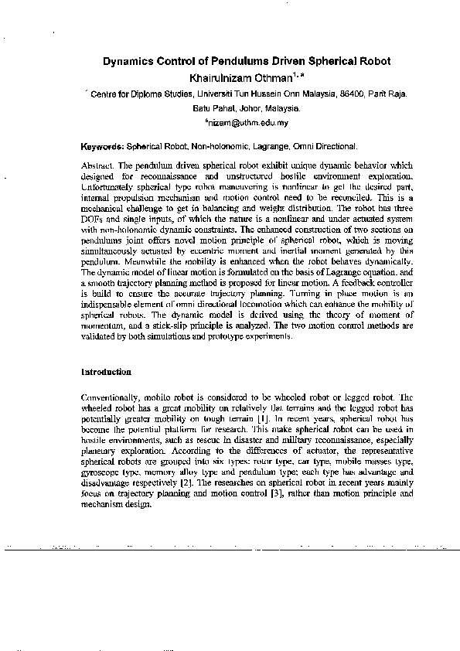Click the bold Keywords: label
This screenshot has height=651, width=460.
tap(102, 145)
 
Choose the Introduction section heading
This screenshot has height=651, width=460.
tap(106, 372)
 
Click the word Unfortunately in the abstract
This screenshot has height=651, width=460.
tap(107, 187)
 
